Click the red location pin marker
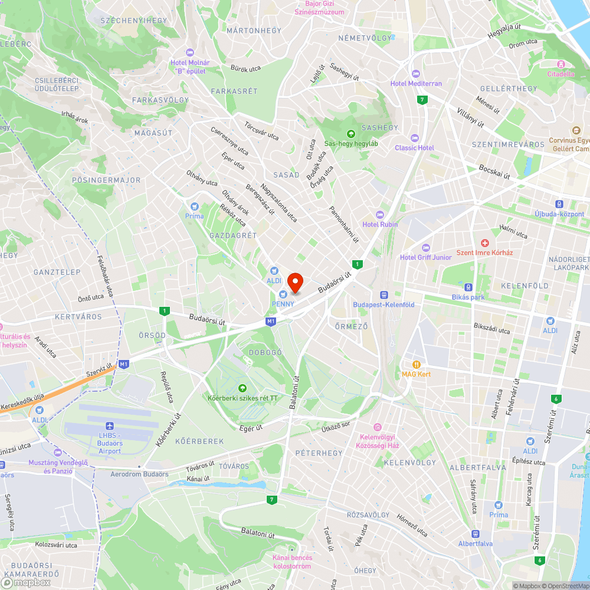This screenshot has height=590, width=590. (294, 281)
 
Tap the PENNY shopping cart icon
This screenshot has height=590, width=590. (283, 293)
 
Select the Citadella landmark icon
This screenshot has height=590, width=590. (560, 64)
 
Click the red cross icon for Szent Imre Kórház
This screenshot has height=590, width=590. (485, 243)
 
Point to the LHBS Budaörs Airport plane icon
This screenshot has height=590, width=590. (110, 426)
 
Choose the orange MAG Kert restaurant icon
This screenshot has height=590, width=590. (417, 364)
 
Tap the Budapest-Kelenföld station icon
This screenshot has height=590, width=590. (383, 294)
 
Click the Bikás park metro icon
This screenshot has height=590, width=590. (468, 287)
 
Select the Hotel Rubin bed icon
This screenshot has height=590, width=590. (380, 214)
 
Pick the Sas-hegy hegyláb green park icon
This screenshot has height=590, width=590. (351, 133)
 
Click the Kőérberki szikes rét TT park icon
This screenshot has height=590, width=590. (242, 388)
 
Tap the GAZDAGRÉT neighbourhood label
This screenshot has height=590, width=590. (233, 235)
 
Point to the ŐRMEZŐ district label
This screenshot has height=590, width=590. (351, 326)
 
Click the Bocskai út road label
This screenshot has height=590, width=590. (494, 172)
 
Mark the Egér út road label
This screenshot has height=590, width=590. (251, 427)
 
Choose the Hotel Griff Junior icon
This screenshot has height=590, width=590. (426, 247)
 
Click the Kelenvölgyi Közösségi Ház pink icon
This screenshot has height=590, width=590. (377, 427)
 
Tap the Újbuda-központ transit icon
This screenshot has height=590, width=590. (560, 204)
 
